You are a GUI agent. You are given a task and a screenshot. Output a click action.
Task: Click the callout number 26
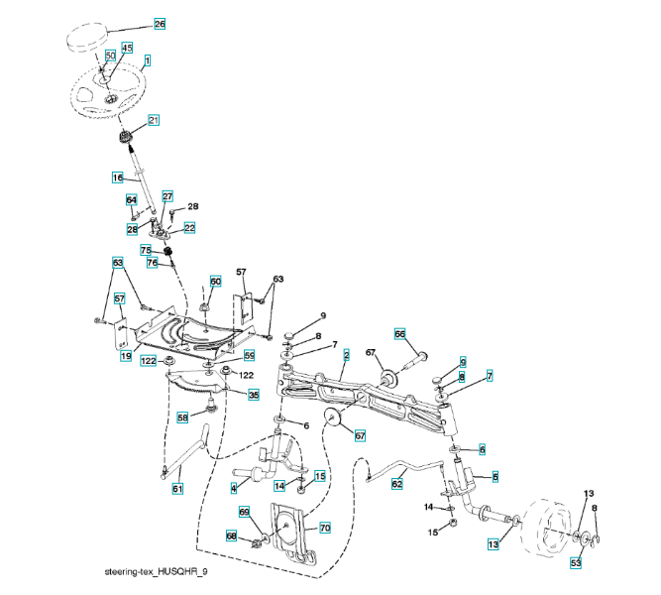[x=160, y=23]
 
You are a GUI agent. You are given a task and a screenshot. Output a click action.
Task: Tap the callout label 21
[x=154, y=120]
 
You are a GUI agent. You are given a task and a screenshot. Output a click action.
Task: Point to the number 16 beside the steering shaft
[x=116, y=178]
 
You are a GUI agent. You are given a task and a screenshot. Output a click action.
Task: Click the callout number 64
[x=131, y=200]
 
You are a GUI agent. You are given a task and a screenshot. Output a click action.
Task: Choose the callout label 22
[x=189, y=227]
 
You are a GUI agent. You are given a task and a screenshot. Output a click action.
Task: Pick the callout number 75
[x=145, y=252]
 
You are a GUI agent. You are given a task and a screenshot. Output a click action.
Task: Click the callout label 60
[x=215, y=282]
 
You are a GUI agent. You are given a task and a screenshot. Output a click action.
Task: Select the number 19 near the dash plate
[x=126, y=355]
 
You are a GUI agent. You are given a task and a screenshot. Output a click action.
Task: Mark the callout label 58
[x=182, y=418]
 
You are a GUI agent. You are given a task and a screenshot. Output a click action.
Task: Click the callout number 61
[x=177, y=488]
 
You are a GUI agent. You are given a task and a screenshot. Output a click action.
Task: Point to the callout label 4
[x=233, y=488]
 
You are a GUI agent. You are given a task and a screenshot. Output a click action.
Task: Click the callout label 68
[x=231, y=536]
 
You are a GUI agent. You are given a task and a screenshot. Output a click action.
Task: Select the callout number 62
[x=397, y=485]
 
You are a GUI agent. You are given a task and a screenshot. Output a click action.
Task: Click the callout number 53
[x=575, y=563]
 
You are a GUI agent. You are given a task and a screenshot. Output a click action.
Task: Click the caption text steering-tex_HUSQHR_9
[x=156, y=573]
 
